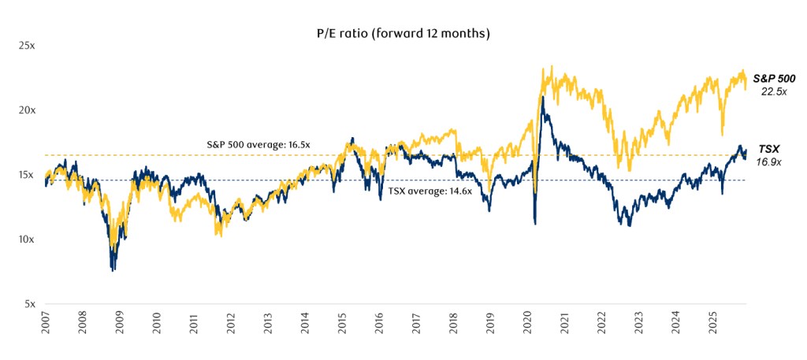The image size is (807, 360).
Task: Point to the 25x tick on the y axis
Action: (x=27, y=46)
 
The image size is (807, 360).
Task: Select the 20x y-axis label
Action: (x=27, y=110)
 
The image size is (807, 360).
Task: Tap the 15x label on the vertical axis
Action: (x=27, y=175)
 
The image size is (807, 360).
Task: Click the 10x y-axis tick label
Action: (x=27, y=239)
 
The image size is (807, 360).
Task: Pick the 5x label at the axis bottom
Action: (x=29, y=304)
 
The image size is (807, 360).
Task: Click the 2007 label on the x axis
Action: (x=46, y=323)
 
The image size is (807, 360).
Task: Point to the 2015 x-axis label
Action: (x=342, y=323)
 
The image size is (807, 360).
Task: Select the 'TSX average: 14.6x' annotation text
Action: (x=430, y=191)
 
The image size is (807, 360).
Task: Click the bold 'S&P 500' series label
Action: (x=773, y=79)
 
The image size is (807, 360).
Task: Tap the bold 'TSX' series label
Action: (x=769, y=149)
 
